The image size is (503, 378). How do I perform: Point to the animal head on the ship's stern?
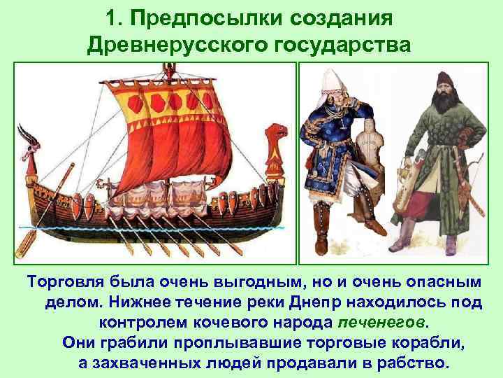(x=277, y=134)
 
